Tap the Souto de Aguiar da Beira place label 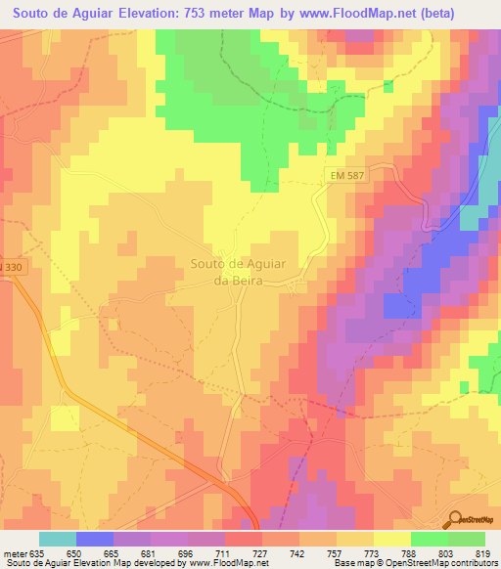coord(238,272)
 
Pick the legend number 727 coord(260,553)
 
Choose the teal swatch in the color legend coord(58,539)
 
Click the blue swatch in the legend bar coord(95,539)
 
